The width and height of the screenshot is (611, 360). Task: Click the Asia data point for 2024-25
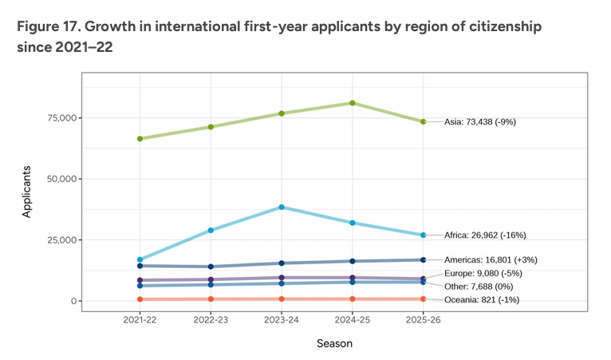click(x=352, y=103)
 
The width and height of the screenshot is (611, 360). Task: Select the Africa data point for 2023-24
click(x=282, y=207)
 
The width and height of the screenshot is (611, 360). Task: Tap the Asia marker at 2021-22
click(x=140, y=139)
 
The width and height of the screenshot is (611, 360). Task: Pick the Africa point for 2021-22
click(x=140, y=259)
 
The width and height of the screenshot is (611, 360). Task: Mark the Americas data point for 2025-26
click(x=423, y=259)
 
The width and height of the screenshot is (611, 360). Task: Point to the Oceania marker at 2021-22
click(x=140, y=299)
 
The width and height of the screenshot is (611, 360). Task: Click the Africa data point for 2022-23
click(x=211, y=230)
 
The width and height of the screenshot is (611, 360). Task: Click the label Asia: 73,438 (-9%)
click(x=482, y=122)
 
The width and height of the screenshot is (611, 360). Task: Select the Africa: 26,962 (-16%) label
click(x=484, y=235)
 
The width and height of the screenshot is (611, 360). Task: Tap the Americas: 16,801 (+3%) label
click(x=491, y=259)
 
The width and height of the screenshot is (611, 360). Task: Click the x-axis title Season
click(x=333, y=344)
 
